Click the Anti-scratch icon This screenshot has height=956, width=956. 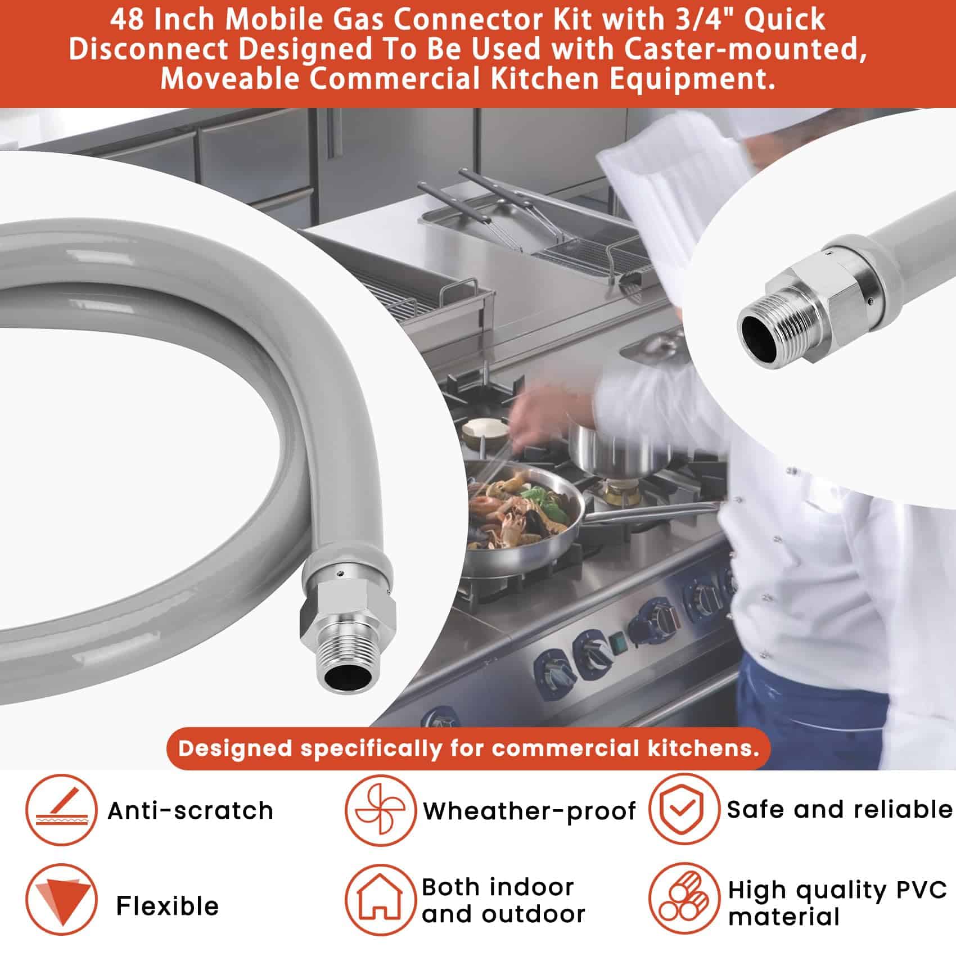click(x=61, y=810)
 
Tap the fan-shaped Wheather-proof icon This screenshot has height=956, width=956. click(x=380, y=810)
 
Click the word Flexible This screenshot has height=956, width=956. click(x=167, y=905)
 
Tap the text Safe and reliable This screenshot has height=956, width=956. click(x=840, y=809)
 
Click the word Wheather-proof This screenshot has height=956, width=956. click(x=530, y=810)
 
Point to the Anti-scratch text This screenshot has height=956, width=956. click(x=190, y=810)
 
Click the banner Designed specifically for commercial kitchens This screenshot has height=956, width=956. click(x=468, y=748)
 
